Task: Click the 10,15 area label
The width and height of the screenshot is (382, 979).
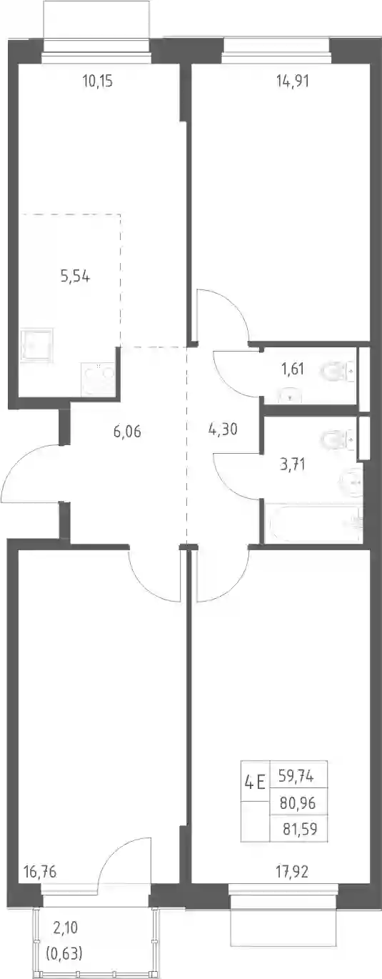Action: click(98, 81)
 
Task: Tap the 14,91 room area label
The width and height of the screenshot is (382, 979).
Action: click(293, 81)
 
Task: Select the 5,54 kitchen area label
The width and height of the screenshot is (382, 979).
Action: click(76, 277)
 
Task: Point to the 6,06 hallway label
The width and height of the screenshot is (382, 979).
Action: click(127, 432)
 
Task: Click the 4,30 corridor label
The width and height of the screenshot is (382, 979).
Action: click(223, 429)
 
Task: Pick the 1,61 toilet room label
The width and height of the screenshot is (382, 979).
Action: click(293, 369)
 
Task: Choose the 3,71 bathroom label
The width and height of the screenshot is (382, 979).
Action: click(292, 464)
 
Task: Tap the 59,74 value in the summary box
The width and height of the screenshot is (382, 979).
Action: click(296, 776)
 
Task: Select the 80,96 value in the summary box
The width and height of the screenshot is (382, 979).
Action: click(298, 802)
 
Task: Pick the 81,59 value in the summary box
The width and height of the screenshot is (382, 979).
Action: click(300, 828)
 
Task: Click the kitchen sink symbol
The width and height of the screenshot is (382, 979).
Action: click(36, 344)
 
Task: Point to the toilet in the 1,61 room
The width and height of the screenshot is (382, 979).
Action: click(338, 372)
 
